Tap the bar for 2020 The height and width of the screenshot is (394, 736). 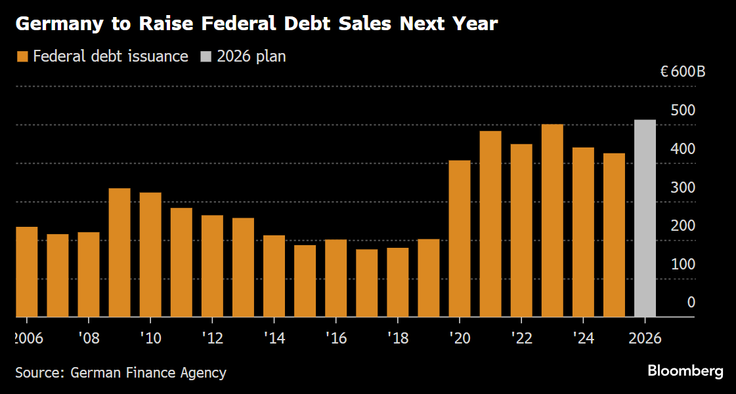(x=460, y=239)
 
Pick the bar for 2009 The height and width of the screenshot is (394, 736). (x=119, y=252)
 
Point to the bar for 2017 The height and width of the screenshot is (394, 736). (x=366, y=283)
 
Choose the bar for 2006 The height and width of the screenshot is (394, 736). (x=27, y=272)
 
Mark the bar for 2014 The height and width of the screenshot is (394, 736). (x=274, y=276)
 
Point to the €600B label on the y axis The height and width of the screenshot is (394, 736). (x=683, y=71)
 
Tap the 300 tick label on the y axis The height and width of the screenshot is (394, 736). (x=683, y=187)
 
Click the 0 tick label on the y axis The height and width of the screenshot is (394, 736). (x=691, y=302)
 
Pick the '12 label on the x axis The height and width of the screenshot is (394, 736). (x=212, y=338)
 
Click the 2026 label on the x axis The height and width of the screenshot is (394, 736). (x=645, y=338)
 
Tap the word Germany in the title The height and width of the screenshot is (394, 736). (x=58, y=25)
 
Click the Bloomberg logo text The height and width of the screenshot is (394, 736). (x=685, y=371)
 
